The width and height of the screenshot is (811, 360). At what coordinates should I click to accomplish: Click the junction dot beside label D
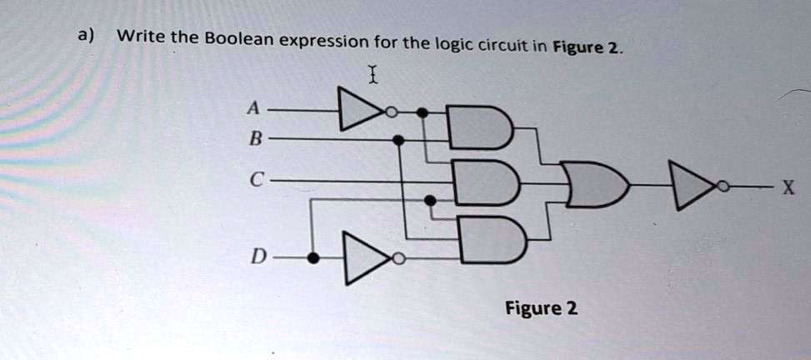coord(313,258)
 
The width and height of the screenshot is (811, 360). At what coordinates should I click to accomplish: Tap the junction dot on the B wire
coord(399,141)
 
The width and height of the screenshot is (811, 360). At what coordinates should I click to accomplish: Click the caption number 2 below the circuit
coord(571,308)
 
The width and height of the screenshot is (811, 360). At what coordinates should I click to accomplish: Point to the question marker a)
coord(86,36)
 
